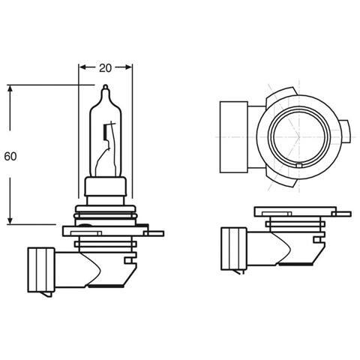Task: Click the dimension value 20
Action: click(105, 67)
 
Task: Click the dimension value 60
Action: click(10, 157)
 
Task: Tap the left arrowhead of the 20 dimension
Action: click(82, 67)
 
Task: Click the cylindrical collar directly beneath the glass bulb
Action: click(105, 188)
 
